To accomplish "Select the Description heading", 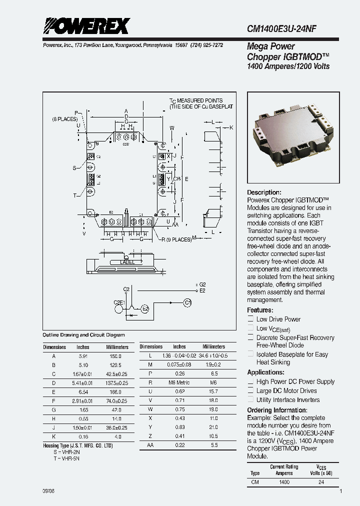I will coord(264,192).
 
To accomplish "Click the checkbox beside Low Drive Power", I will coord(251,319).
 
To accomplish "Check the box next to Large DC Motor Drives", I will coord(251,391).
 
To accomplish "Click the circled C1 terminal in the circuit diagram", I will coord(187,302).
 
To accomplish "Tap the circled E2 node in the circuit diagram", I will coord(144,309).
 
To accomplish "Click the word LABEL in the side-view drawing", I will coord(127,262).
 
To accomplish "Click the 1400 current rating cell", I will coord(283,482).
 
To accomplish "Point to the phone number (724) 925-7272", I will coord(206,45).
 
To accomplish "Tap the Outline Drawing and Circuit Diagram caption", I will coord(83,335).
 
